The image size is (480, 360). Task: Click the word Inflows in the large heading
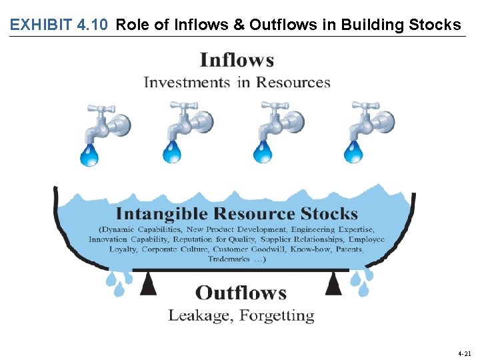237,61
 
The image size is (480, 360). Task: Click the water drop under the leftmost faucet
89,155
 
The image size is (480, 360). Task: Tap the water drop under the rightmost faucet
353,153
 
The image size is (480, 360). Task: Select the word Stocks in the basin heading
329,214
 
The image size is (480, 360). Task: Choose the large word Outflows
241,293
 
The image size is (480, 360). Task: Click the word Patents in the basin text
346,249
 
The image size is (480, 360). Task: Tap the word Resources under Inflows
293,83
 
